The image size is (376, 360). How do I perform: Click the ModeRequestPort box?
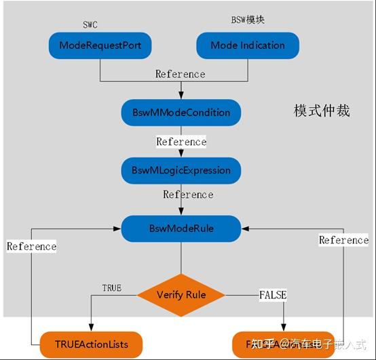coord(100,45)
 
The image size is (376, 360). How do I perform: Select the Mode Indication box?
coord(248,45)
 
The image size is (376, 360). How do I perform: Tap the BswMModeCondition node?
coord(181,112)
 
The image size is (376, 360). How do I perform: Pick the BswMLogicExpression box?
coord(181,170)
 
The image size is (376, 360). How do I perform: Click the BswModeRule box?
coord(181,228)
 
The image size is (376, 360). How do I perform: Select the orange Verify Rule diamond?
coord(181,295)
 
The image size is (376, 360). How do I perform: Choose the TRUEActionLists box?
coord(91,344)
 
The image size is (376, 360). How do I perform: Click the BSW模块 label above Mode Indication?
coord(248,20)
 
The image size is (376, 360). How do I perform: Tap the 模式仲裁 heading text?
coord(322,111)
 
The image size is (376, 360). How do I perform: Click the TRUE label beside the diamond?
coord(111,288)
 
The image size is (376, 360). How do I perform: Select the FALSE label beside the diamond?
coord(273,295)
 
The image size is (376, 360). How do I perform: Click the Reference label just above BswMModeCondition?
coord(180,74)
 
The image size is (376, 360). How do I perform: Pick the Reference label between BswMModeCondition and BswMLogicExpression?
coord(181,142)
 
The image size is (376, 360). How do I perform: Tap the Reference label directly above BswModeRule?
coord(188,195)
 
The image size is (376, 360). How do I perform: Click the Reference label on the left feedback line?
coord(31,246)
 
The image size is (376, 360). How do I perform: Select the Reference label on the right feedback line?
coord(343,240)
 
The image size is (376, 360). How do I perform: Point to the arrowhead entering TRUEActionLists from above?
coord(91,327)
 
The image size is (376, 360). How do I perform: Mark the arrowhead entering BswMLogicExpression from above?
coord(181,155)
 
